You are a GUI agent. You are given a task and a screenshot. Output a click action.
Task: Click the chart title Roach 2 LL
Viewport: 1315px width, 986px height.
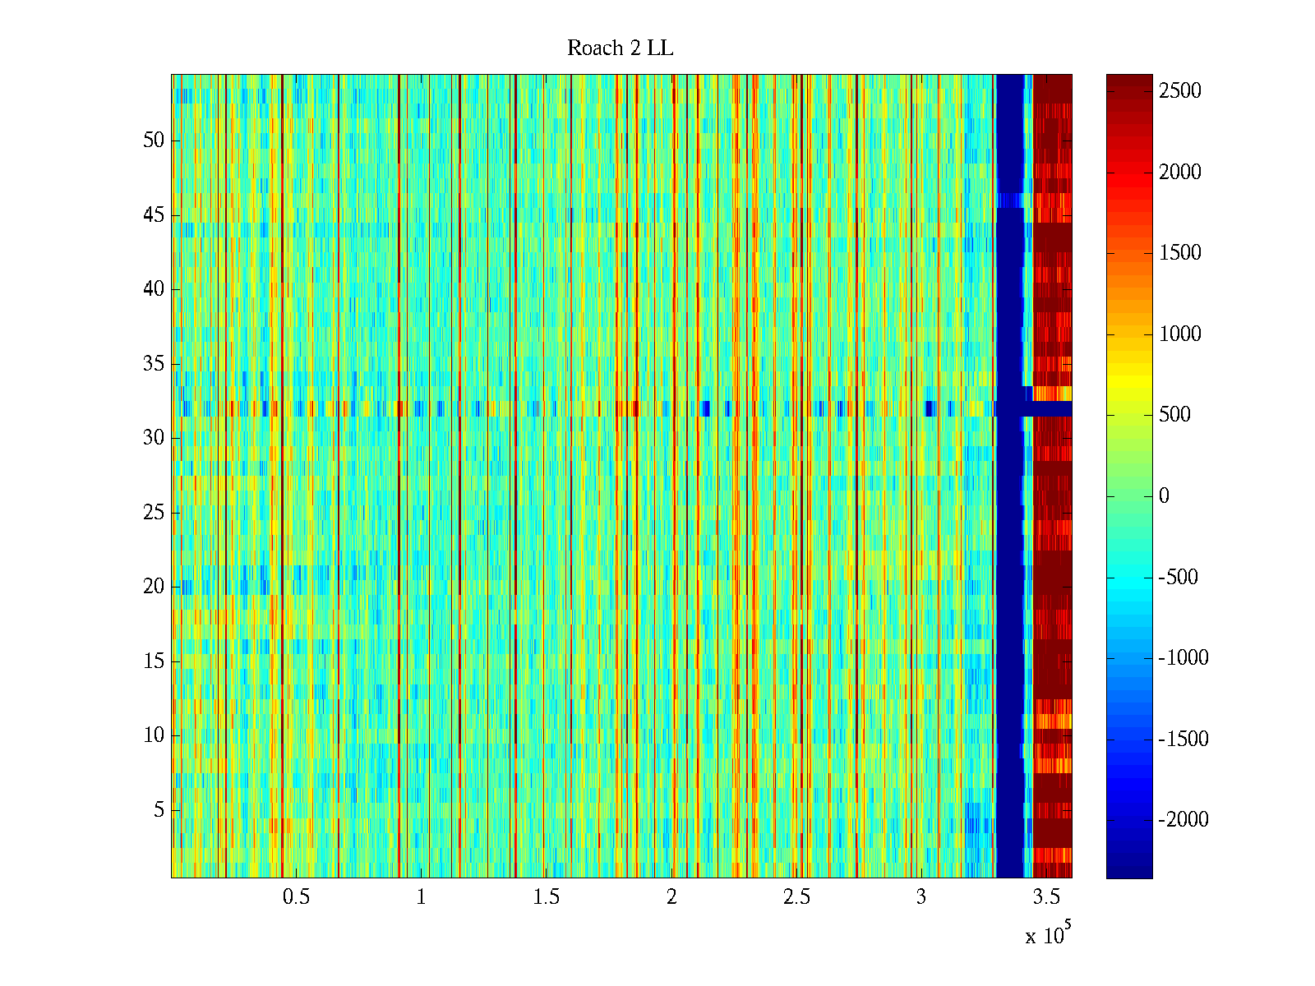point(620,48)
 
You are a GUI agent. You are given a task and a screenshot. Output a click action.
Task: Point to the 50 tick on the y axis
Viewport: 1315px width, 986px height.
point(154,141)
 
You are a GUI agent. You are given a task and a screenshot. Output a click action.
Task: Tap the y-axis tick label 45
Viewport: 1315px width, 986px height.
point(154,215)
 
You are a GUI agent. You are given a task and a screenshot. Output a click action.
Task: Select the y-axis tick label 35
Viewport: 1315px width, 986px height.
point(154,364)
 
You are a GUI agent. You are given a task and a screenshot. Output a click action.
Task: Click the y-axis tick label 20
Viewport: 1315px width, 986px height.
point(154,587)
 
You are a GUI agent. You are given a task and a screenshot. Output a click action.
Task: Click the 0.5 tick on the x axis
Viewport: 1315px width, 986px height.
point(296,897)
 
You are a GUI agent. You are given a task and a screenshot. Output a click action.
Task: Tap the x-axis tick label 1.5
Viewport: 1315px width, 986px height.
point(547,897)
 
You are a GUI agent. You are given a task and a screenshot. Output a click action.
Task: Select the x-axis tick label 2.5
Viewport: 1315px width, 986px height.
point(796,897)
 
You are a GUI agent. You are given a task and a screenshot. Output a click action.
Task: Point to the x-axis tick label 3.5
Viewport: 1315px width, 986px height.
point(1046,897)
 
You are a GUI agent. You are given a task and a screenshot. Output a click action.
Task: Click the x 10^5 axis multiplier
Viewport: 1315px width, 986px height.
point(1047,935)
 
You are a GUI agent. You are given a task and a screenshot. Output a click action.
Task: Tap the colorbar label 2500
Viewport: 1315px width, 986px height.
point(1180,91)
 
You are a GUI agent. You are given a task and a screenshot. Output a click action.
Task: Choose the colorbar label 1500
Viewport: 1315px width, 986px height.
point(1180,253)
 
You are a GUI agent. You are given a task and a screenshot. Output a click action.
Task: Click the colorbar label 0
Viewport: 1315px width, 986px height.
point(1164,496)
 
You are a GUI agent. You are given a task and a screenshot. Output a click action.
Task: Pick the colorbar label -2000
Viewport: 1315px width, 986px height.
point(1183,820)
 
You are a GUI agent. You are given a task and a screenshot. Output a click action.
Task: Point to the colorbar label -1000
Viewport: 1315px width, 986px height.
point(1183,658)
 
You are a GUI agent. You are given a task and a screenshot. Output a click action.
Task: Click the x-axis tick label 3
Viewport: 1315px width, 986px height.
point(921,897)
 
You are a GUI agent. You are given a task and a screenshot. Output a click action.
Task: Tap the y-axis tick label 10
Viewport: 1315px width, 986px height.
point(154,735)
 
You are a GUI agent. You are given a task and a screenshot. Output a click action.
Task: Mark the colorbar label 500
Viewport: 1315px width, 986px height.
point(1175,415)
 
